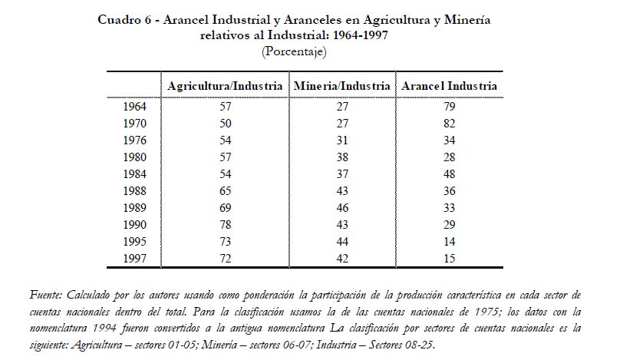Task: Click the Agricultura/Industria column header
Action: tap(225, 86)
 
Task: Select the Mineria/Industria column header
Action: tap(341, 86)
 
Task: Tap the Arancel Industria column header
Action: tap(449, 86)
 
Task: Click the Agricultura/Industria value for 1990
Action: tap(225, 225)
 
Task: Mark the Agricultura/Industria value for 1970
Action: tap(225, 124)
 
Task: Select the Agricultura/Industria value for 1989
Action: tap(225, 208)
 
